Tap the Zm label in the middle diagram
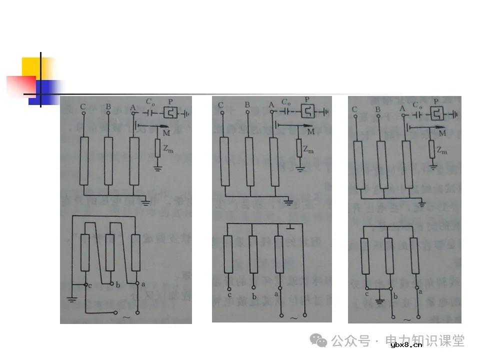[309, 149]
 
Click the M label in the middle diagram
[311, 132]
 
